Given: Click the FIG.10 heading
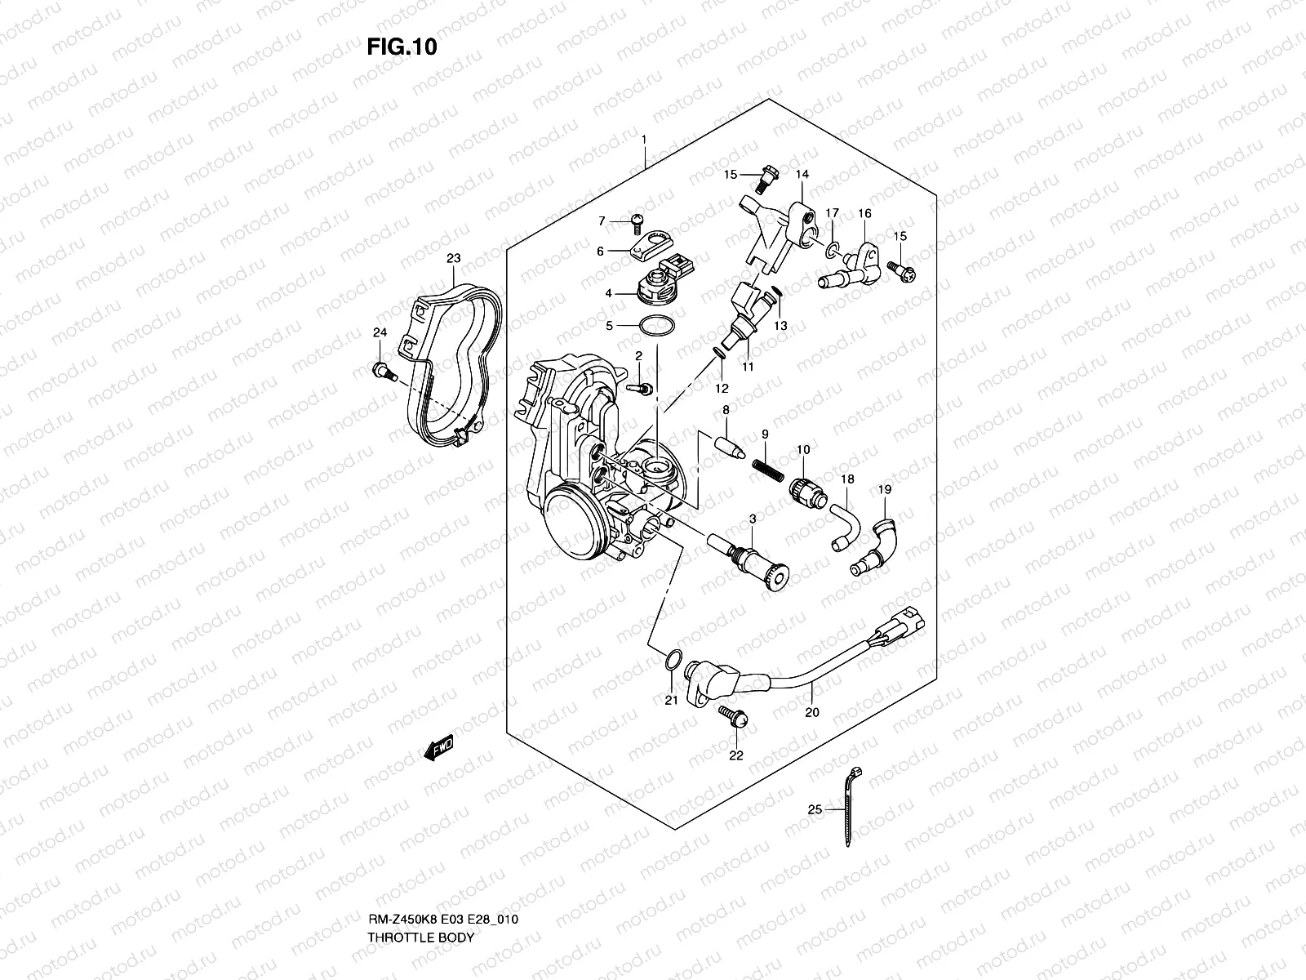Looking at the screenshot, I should click(402, 47).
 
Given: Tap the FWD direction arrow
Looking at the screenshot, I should click(438, 748).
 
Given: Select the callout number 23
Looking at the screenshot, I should click(453, 258).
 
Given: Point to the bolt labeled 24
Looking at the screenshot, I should click(382, 372).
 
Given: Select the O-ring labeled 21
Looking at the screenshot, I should click(670, 659).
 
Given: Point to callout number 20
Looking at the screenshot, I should click(811, 712).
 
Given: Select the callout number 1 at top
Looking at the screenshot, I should click(643, 140).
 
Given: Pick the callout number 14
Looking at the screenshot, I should click(802, 175).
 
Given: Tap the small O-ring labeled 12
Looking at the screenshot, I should click(718, 352).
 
